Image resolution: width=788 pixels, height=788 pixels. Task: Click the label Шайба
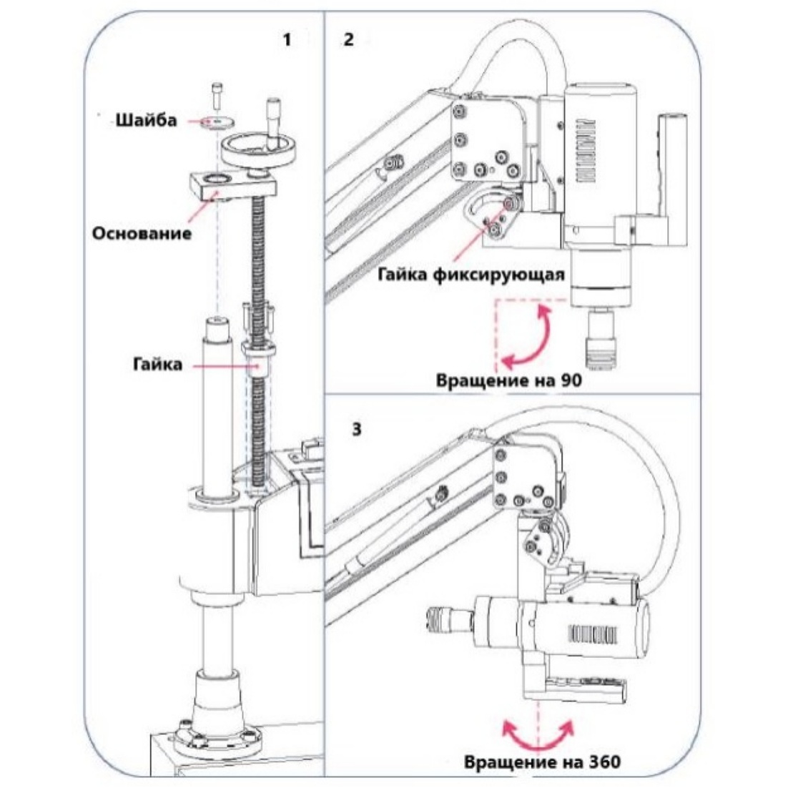[147, 121]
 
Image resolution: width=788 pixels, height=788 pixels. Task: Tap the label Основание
[142, 233]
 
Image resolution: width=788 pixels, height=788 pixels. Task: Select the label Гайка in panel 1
[158, 363]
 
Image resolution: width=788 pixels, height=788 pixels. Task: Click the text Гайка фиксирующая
[471, 275]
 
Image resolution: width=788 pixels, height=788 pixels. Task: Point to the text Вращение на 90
[508, 380]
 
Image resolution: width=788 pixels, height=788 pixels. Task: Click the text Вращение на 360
[542, 762]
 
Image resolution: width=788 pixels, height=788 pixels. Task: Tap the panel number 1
[287, 40]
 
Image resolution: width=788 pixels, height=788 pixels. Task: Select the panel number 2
[349, 39]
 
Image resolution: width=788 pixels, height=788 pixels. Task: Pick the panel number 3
[356, 430]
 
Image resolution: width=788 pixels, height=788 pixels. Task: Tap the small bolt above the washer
[217, 94]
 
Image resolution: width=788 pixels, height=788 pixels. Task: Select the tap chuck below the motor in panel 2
[601, 339]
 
